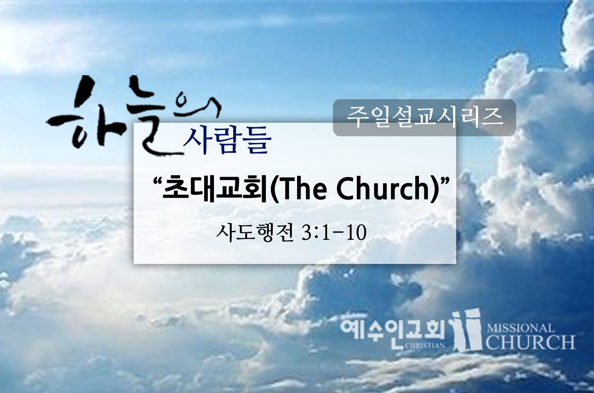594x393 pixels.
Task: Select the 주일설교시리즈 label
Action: click(x=424, y=117)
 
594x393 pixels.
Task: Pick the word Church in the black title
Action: click(x=383, y=188)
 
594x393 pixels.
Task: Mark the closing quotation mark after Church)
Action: click(x=445, y=181)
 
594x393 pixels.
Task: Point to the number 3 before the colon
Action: click(x=307, y=233)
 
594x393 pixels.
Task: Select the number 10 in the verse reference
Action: click(x=356, y=233)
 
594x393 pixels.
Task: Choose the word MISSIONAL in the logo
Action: click(x=520, y=329)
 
